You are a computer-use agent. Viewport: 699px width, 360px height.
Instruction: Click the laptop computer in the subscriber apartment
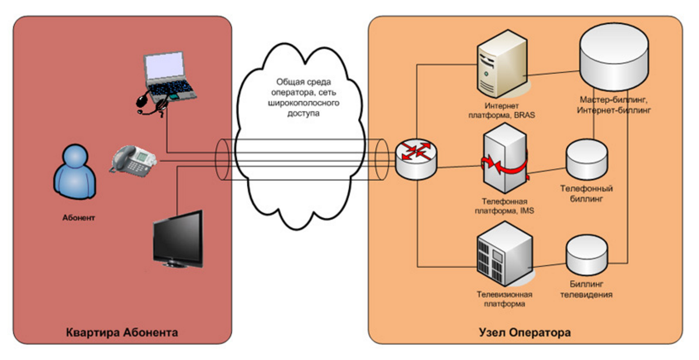pyautogui.click(x=169, y=75)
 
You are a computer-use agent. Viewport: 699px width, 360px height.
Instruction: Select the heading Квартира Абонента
pyautogui.click(x=122, y=333)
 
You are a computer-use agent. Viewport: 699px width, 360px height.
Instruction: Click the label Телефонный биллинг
pyautogui.click(x=586, y=194)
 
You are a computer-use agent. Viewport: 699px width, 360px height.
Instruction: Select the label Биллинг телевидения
pyautogui.click(x=586, y=289)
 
